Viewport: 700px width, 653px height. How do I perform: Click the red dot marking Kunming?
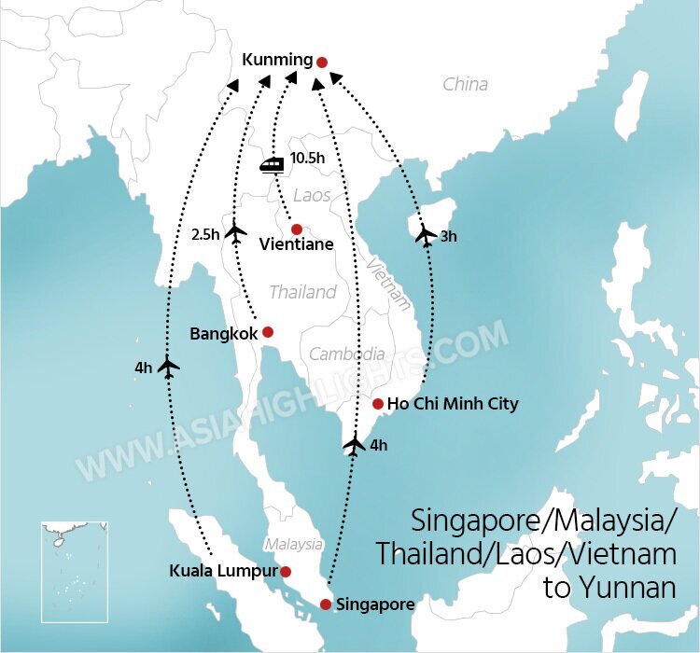pos(322,63)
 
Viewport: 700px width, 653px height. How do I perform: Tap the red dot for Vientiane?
pos(296,229)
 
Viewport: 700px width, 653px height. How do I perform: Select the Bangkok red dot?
pos(267,331)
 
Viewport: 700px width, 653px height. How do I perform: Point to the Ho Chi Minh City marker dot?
pos(377,404)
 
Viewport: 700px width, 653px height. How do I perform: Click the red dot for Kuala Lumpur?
pos(286,571)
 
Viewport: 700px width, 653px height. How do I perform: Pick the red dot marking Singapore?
pos(326,604)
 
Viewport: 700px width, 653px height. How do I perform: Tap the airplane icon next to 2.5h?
pos(235,231)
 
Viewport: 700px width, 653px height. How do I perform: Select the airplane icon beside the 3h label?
pos(426,234)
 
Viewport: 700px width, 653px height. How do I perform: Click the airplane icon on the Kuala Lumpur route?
pos(168,367)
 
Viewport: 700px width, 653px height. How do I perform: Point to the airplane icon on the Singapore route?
pos(354,444)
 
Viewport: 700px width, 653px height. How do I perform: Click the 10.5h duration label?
pos(307,159)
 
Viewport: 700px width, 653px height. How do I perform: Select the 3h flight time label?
pos(449,237)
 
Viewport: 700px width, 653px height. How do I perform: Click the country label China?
pos(465,84)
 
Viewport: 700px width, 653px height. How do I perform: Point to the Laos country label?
pos(312,196)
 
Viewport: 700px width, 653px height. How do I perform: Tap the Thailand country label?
pos(302,292)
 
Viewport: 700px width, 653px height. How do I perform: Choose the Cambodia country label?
pos(346,354)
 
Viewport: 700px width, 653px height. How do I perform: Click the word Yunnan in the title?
pos(623,588)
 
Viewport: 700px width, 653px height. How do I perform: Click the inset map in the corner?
pos(75,571)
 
